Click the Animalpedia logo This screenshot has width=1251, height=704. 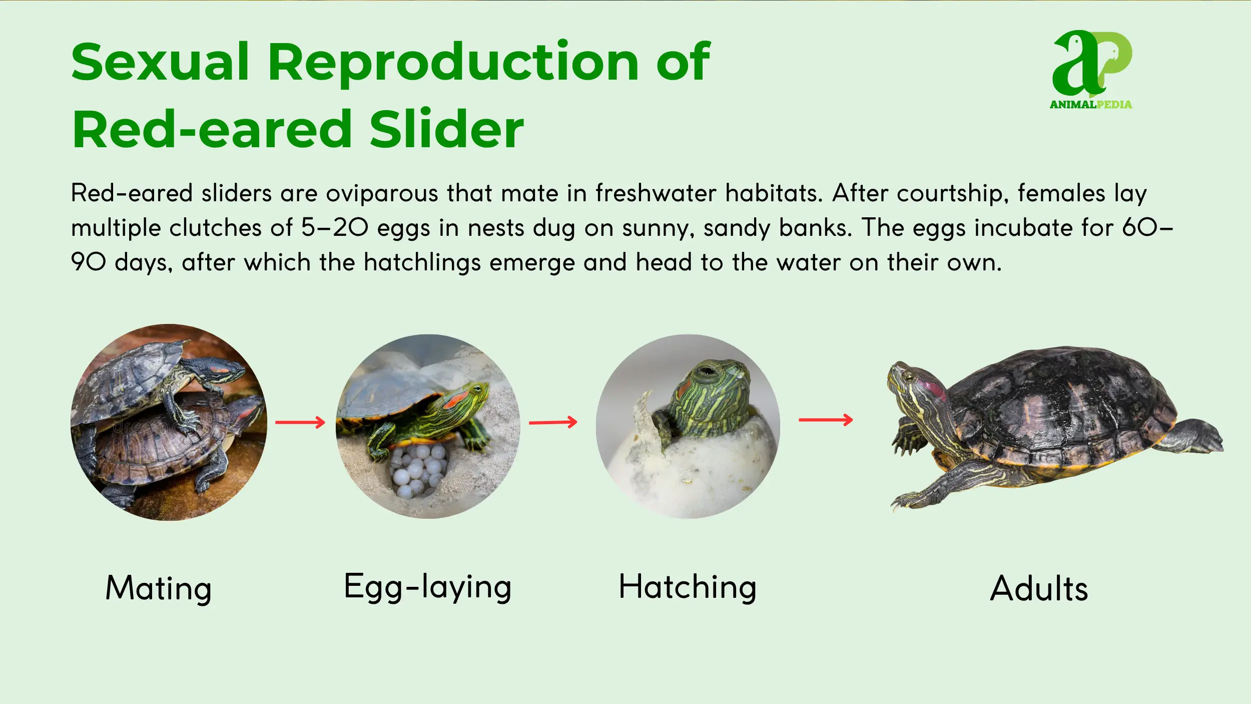(x=1091, y=69)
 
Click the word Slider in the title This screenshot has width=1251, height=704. (x=446, y=129)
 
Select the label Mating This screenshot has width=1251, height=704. (x=159, y=589)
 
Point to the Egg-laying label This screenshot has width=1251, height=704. (x=428, y=587)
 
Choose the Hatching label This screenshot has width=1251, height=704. (x=688, y=587)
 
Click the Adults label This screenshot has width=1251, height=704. (x=1039, y=588)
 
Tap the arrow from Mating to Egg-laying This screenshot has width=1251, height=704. (x=300, y=423)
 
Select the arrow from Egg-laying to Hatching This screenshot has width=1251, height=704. (x=553, y=423)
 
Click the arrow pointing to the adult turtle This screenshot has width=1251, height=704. (x=826, y=420)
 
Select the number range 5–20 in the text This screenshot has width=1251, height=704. (x=335, y=228)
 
